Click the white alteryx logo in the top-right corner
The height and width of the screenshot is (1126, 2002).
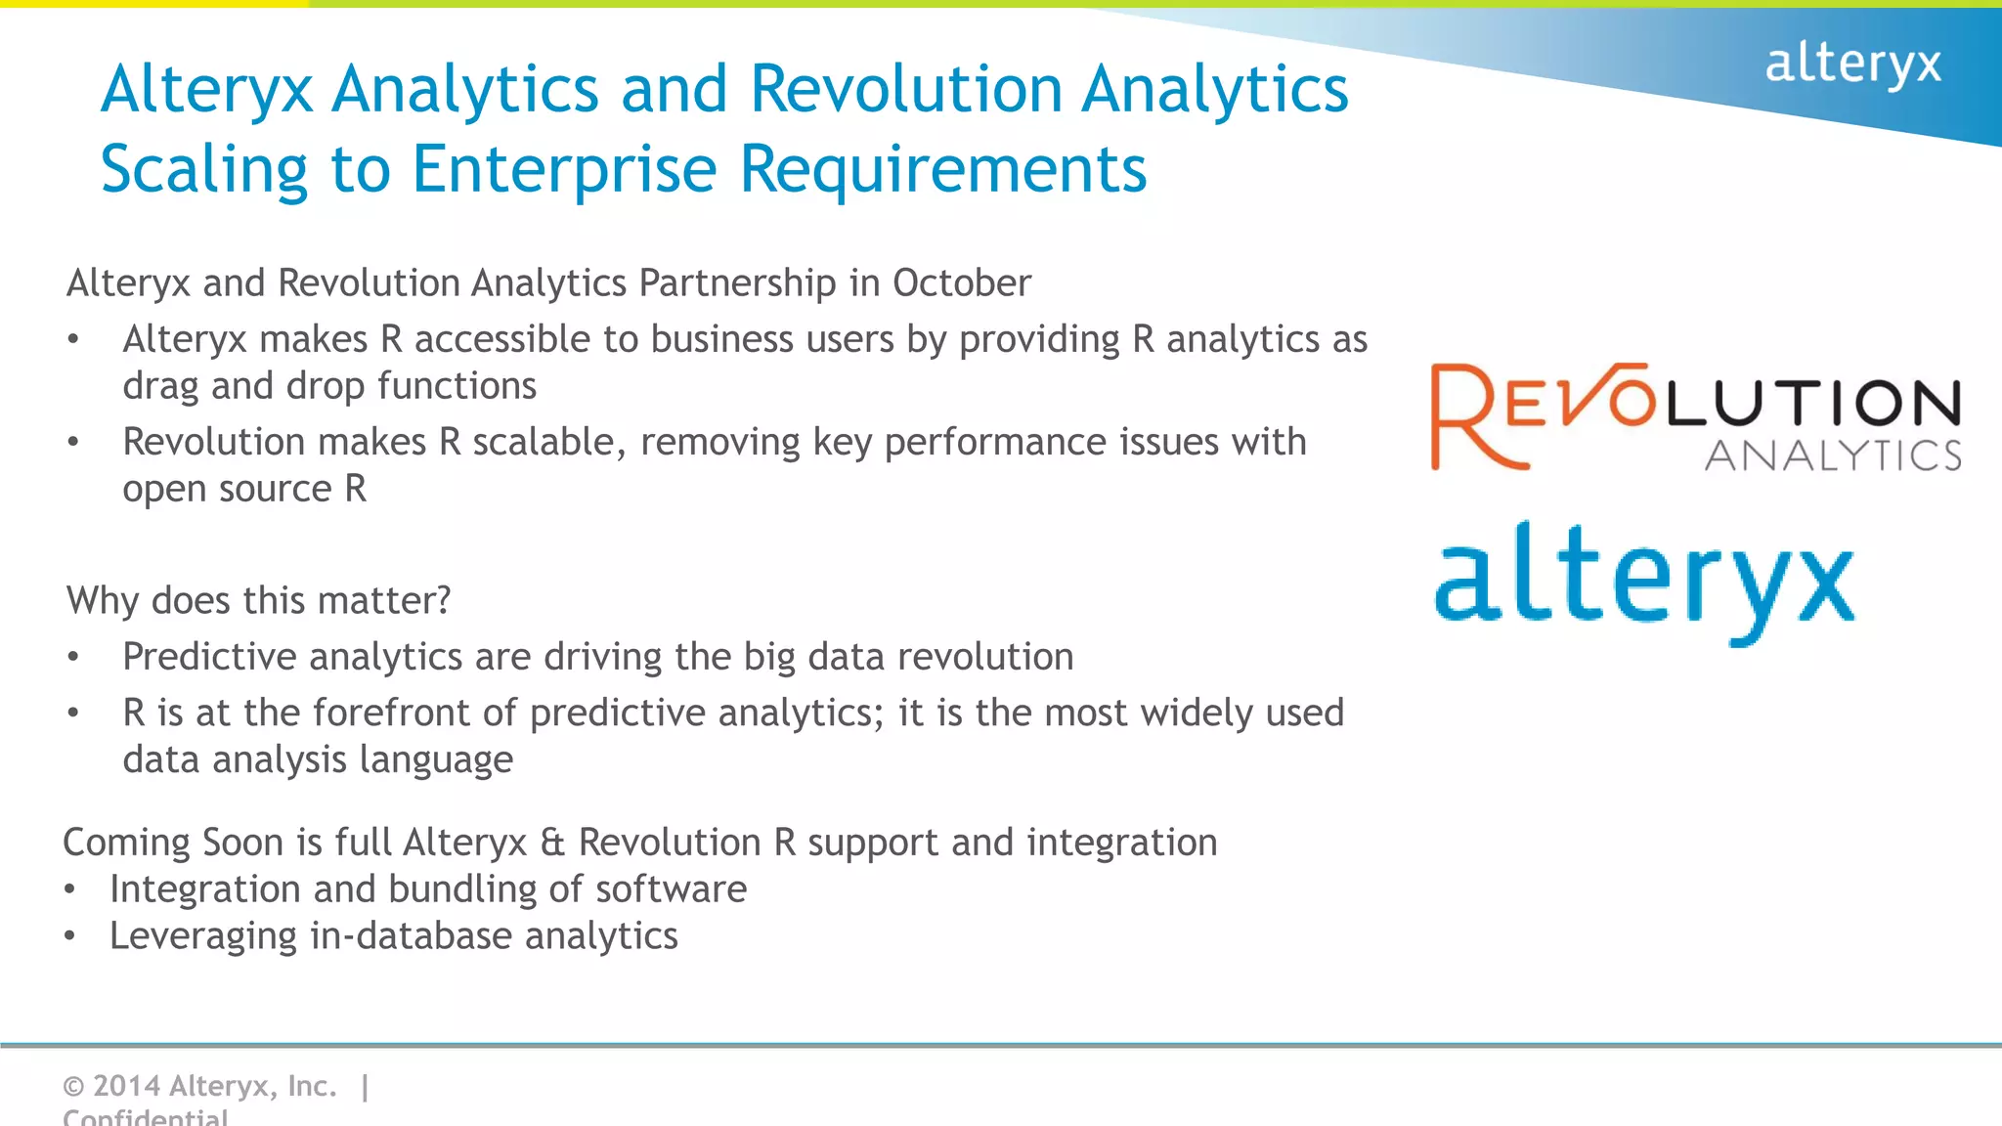point(1851,65)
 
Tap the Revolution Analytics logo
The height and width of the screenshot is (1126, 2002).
point(1696,418)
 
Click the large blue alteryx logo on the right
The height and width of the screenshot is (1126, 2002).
point(1644,583)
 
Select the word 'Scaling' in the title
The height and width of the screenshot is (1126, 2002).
point(204,170)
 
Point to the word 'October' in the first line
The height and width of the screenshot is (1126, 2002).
point(961,283)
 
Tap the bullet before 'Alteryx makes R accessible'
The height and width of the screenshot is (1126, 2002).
point(73,339)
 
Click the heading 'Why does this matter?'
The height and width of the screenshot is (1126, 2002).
point(258,600)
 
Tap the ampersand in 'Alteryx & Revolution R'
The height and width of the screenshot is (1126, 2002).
point(552,843)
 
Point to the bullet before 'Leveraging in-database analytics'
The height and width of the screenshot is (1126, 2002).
point(69,936)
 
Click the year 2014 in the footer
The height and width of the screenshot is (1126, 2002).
point(126,1086)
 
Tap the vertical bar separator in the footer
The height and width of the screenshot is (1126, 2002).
point(365,1086)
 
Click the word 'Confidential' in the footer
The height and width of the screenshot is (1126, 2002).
point(145,1117)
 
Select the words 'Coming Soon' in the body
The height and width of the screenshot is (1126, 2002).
point(172,843)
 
